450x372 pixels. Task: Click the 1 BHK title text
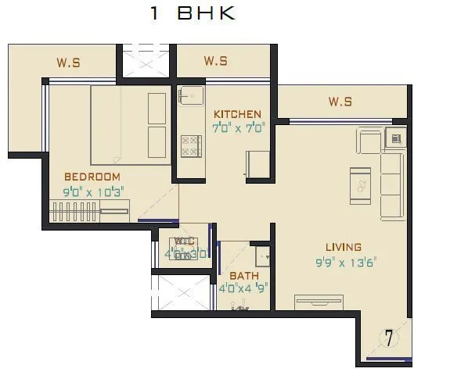tap(192, 14)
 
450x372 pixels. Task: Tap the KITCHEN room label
tap(237, 114)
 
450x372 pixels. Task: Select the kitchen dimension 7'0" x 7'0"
tap(238, 126)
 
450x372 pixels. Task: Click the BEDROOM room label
tap(92, 177)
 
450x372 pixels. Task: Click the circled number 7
tap(388, 338)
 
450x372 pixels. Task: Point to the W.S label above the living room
tap(340, 102)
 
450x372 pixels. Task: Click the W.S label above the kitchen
tap(215, 61)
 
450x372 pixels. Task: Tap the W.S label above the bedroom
tap(68, 62)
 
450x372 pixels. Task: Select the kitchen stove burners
tap(191, 145)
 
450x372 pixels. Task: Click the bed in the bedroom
tap(130, 125)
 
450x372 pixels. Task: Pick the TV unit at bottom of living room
tap(319, 302)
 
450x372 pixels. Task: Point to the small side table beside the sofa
tap(396, 139)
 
